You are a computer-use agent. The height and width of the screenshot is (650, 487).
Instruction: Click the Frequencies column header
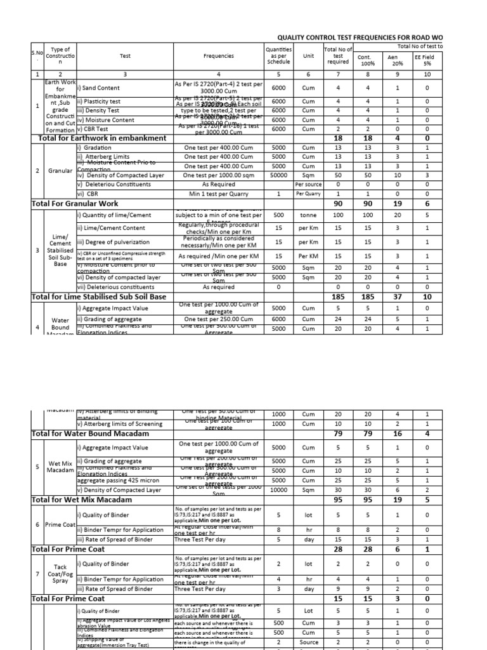coord(218,56)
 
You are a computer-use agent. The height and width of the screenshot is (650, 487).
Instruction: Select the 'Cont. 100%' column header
coord(368,60)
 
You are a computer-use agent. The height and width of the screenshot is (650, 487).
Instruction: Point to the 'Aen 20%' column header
coord(397,60)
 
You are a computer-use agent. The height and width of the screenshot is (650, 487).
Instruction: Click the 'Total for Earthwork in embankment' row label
coord(102,138)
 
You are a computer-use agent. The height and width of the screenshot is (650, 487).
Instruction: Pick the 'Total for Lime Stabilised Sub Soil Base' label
coord(99,296)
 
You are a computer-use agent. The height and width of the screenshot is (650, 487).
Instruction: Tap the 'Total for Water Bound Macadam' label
coord(90,434)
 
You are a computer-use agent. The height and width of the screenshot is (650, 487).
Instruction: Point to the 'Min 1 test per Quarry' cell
coord(218,194)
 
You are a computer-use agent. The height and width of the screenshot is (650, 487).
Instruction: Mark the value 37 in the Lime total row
coord(397,296)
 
